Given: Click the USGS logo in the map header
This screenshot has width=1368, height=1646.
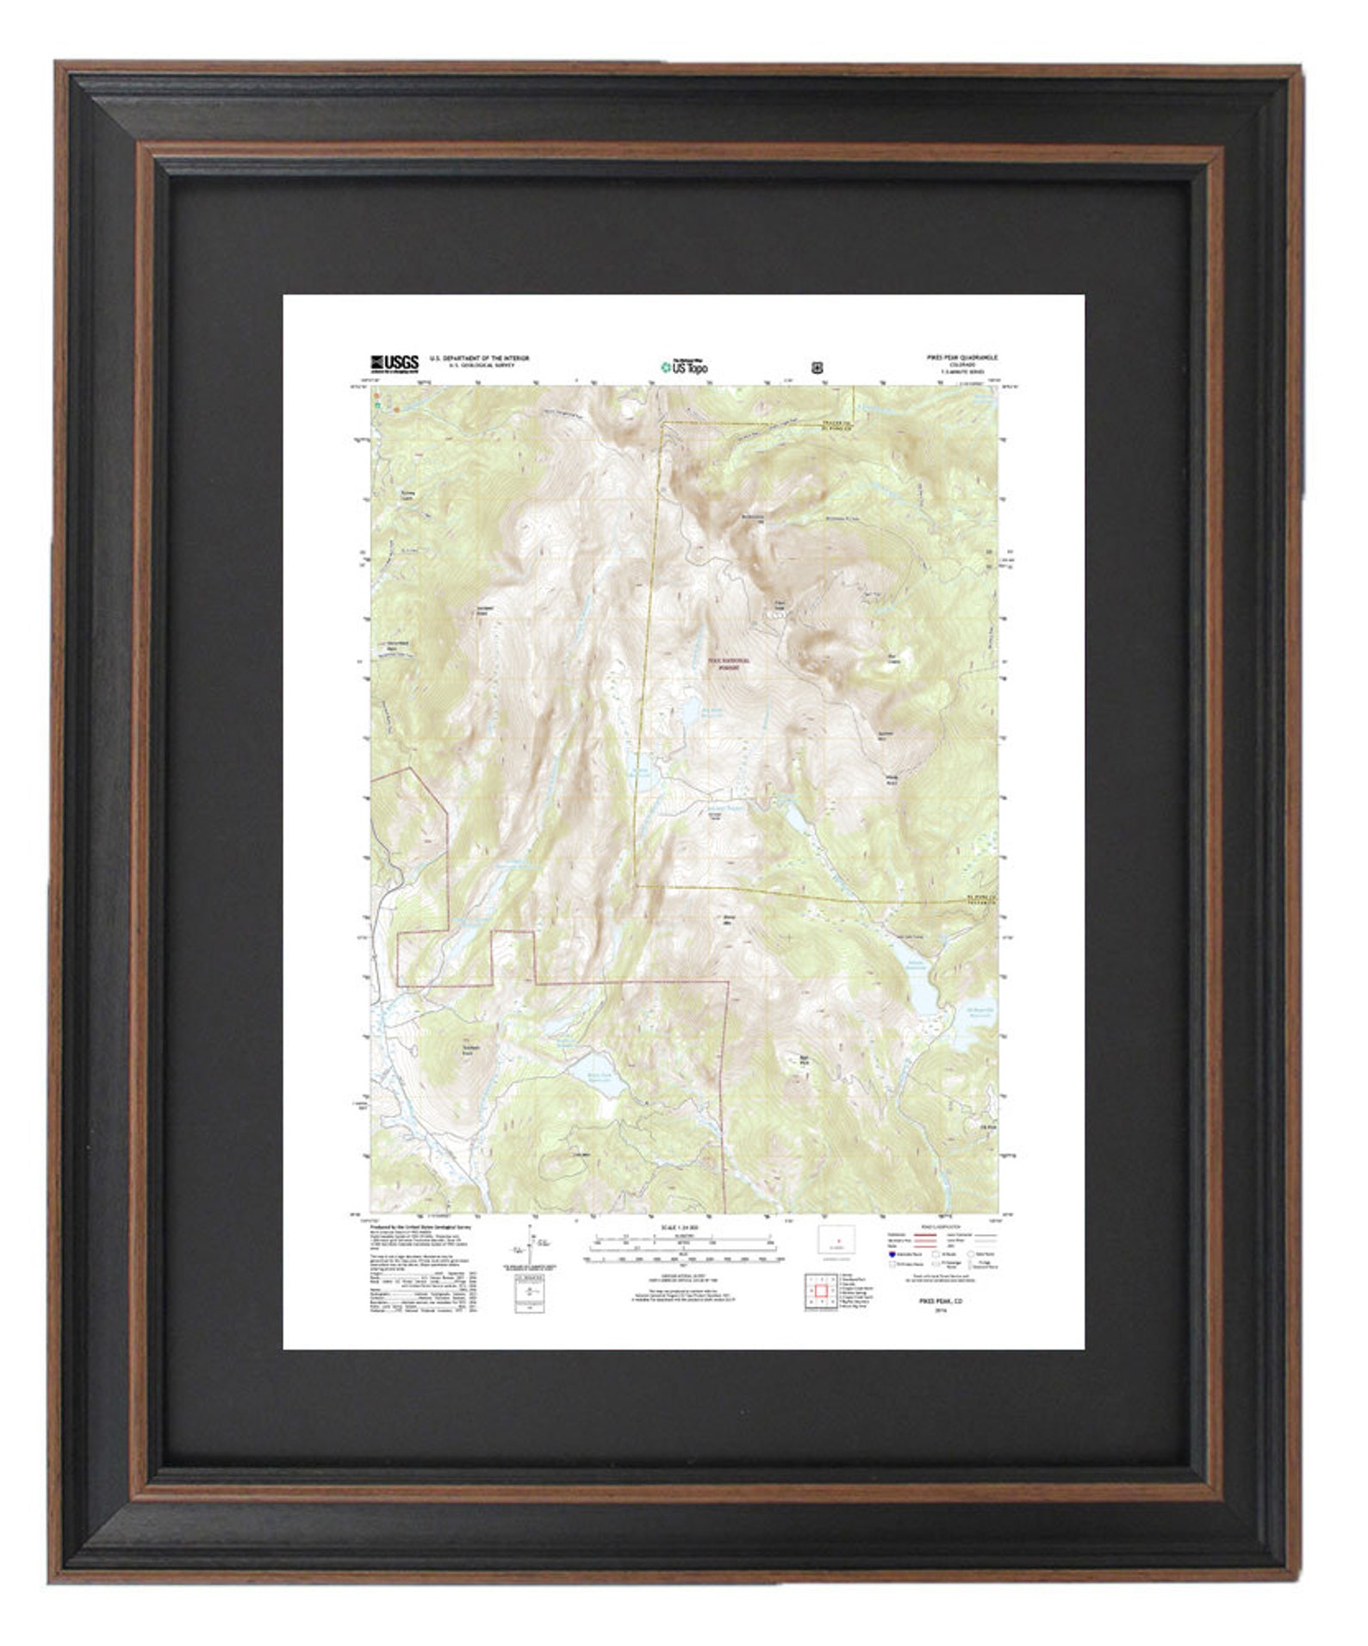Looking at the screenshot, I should coord(395,363).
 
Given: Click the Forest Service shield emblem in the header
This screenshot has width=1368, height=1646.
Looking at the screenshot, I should coord(816,366).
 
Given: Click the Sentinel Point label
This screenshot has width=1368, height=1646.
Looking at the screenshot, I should coord(488,612).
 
